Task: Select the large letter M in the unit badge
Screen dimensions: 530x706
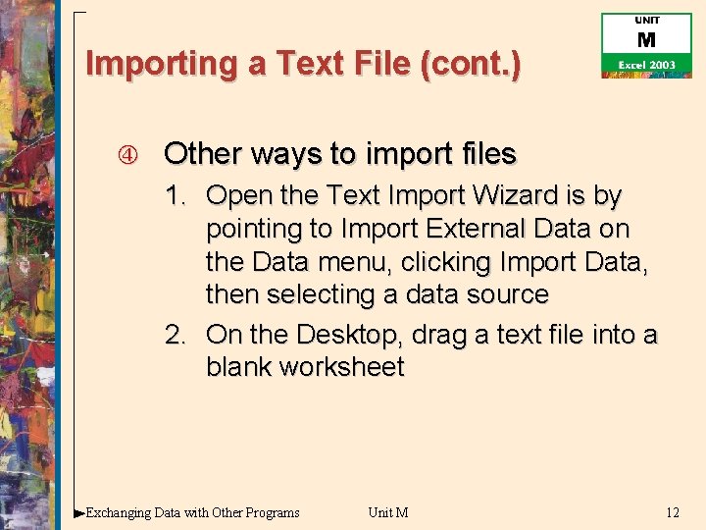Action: click(646, 40)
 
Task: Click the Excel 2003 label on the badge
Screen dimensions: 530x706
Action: click(646, 65)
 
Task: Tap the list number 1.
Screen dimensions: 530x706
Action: click(175, 196)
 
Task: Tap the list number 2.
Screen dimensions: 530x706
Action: click(175, 335)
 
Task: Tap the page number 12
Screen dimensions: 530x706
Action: click(672, 512)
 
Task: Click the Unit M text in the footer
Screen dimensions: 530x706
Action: click(388, 512)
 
